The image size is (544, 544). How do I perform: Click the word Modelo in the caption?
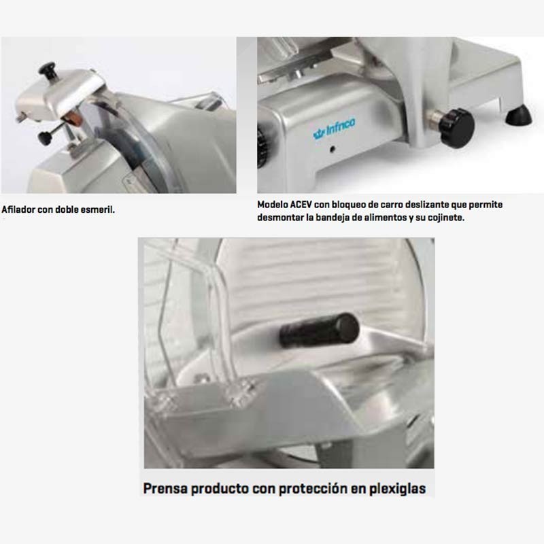[x=274, y=205]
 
